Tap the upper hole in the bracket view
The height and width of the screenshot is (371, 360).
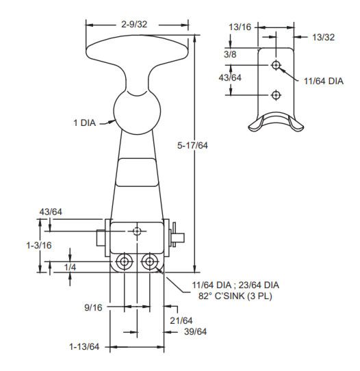point(276,65)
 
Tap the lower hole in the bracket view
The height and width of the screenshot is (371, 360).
point(276,94)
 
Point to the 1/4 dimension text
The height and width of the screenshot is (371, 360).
point(69,266)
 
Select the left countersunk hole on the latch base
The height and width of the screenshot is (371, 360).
point(125,262)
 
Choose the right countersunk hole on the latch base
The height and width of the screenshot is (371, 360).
point(149,262)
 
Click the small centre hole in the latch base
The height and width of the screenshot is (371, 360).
point(137,231)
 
